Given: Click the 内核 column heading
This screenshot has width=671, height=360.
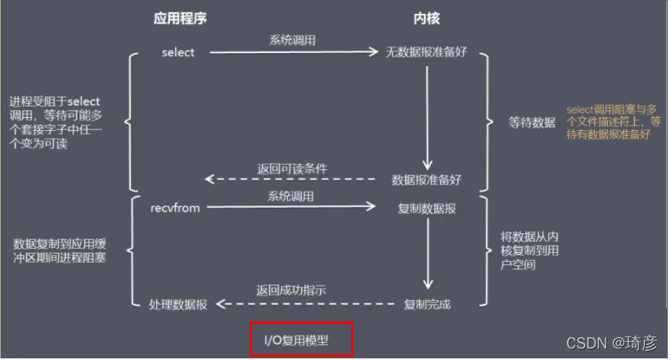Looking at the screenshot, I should point(427,18).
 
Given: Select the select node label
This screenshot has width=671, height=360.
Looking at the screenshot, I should point(178,53).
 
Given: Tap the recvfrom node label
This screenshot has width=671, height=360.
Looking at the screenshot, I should point(175,208).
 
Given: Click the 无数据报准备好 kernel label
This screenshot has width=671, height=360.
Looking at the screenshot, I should point(426,53).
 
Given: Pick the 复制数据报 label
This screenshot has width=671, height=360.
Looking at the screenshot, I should point(426,209).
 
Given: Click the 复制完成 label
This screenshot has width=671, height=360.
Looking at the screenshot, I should point(427,304).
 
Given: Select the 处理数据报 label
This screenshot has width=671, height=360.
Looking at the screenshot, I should point(178,304).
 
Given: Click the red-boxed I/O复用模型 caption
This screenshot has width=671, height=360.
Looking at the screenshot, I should point(302,340).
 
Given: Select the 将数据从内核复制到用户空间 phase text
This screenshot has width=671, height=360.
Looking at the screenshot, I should point(529,250).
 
